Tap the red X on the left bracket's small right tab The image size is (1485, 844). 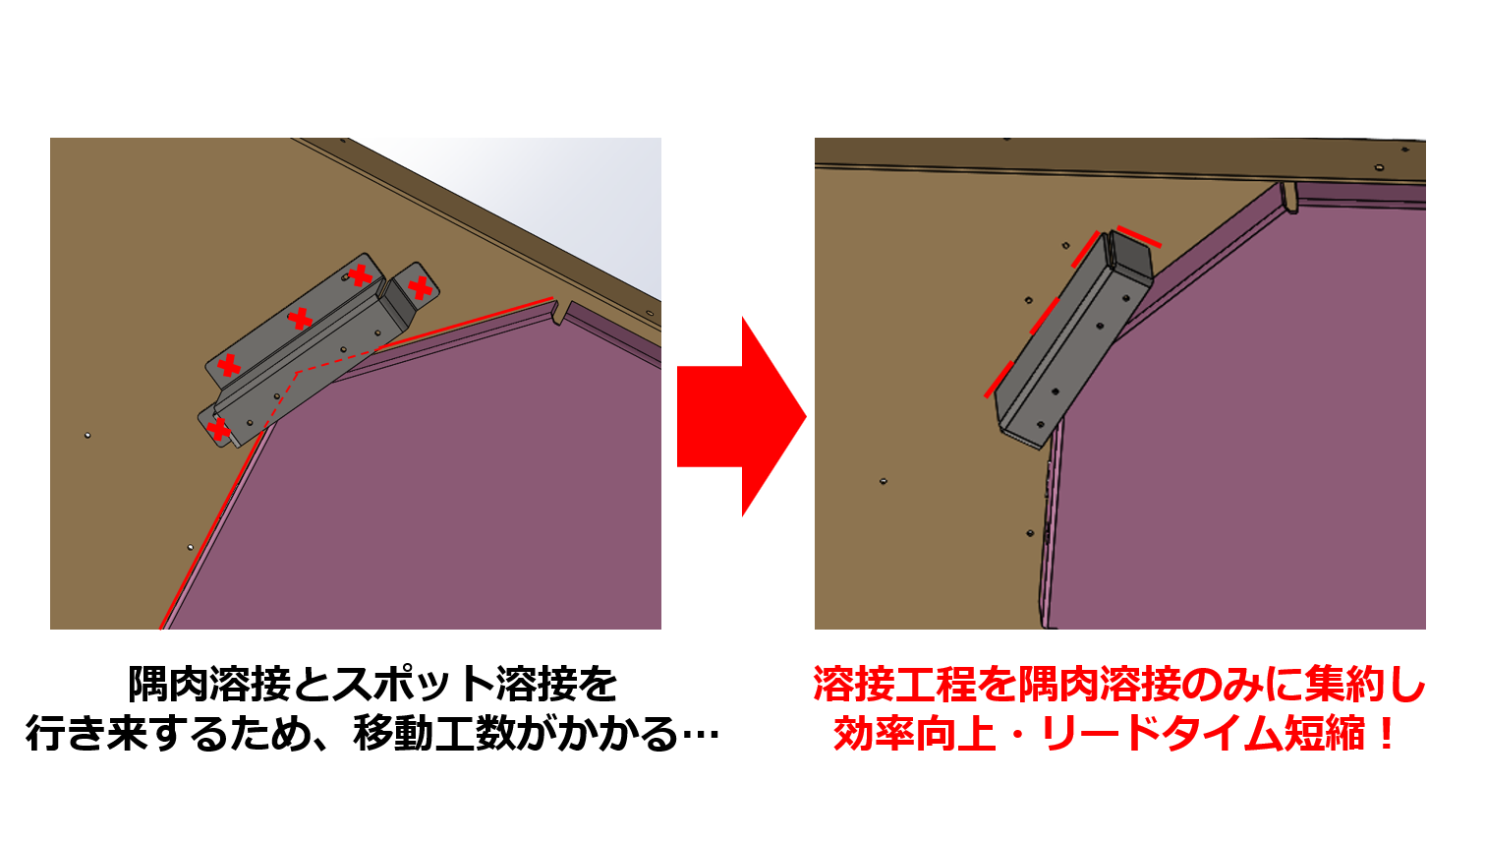421,288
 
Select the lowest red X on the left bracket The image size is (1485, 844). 219,429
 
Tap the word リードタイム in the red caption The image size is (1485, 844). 1160,734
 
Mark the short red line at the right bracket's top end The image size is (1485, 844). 1139,237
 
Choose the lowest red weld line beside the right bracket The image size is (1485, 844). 1000,379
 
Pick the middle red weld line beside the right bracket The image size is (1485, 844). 1044,316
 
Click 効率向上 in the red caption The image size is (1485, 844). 915,734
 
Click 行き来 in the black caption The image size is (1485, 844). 87,734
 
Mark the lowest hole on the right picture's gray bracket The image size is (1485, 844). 1040,423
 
